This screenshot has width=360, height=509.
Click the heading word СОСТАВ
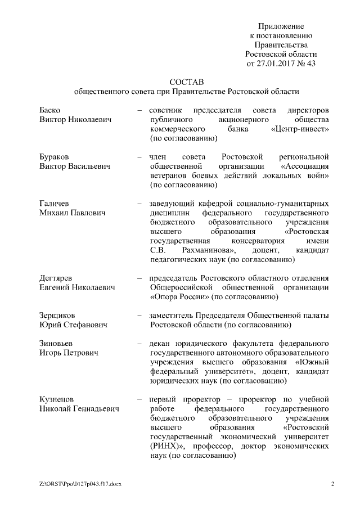tap(186, 81)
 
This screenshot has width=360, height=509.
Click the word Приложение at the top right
tap(281, 26)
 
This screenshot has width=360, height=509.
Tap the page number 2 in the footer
tap(332, 484)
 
